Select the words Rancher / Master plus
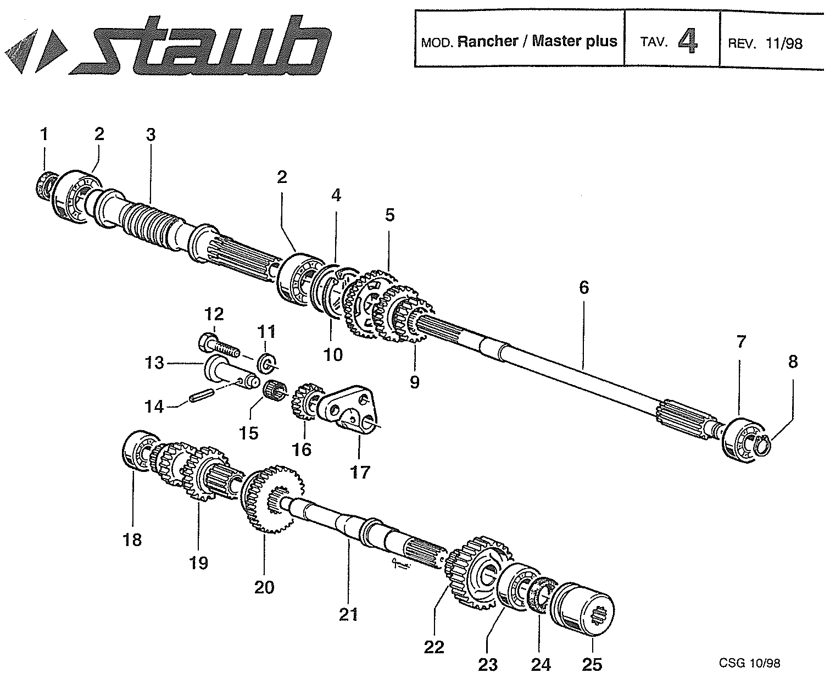click(x=537, y=41)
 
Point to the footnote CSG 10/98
click(x=749, y=663)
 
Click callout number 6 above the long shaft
click(x=583, y=287)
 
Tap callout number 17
click(x=360, y=472)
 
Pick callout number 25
click(x=592, y=665)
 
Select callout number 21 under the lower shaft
click(x=348, y=614)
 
